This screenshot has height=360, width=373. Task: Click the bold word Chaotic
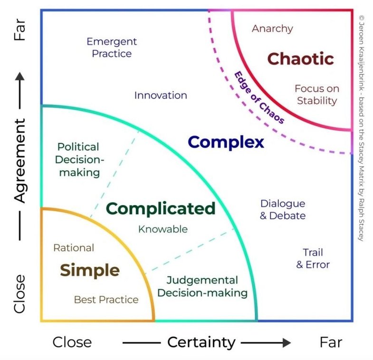(x=300, y=59)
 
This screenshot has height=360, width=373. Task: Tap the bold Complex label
(x=226, y=142)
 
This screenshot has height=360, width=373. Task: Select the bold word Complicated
(x=160, y=208)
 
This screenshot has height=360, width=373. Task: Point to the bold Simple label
(x=89, y=270)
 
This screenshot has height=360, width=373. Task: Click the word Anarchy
(x=272, y=29)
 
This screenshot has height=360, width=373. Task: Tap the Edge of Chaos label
(x=259, y=97)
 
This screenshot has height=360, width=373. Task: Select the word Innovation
(x=160, y=95)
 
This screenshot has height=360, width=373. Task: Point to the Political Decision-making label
(x=78, y=159)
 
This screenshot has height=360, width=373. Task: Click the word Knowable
(x=163, y=229)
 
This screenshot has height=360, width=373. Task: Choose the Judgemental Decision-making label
(x=202, y=286)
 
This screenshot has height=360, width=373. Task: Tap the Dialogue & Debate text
(x=282, y=209)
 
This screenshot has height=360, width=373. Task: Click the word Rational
(x=74, y=247)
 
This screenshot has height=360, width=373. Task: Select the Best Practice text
(x=106, y=300)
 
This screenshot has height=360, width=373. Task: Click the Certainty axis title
(x=201, y=342)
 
